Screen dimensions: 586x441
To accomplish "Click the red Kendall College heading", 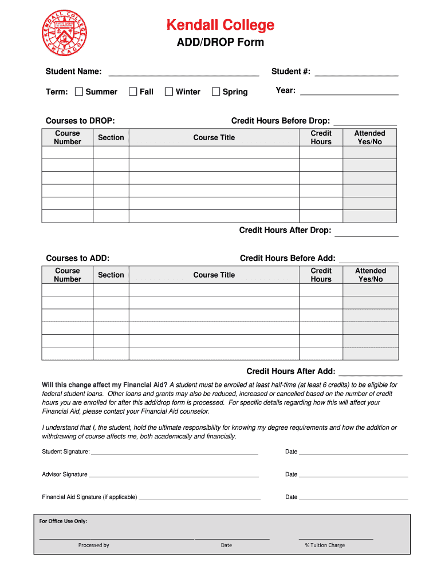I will [x=220, y=25].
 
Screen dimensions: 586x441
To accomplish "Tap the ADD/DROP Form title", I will [x=220, y=42].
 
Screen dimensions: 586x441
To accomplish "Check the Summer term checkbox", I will [x=79, y=92].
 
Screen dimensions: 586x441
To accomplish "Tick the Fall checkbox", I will [x=133, y=92].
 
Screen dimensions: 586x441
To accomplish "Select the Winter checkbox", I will [x=169, y=92].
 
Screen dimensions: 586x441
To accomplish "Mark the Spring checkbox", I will [x=216, y=92].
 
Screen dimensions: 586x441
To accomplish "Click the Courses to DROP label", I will [x=80, y=121].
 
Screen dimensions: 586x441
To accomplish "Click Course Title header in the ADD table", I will [x=214, y=275].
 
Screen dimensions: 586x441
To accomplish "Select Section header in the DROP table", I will [x=111, y=137].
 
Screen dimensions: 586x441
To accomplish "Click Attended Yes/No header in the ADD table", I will [x=370, y=275].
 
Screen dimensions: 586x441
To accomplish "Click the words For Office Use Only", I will [x=63, y=521].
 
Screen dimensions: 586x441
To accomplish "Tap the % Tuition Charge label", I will [x=325, y=545].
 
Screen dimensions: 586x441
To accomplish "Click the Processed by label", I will [x=93, y=545].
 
